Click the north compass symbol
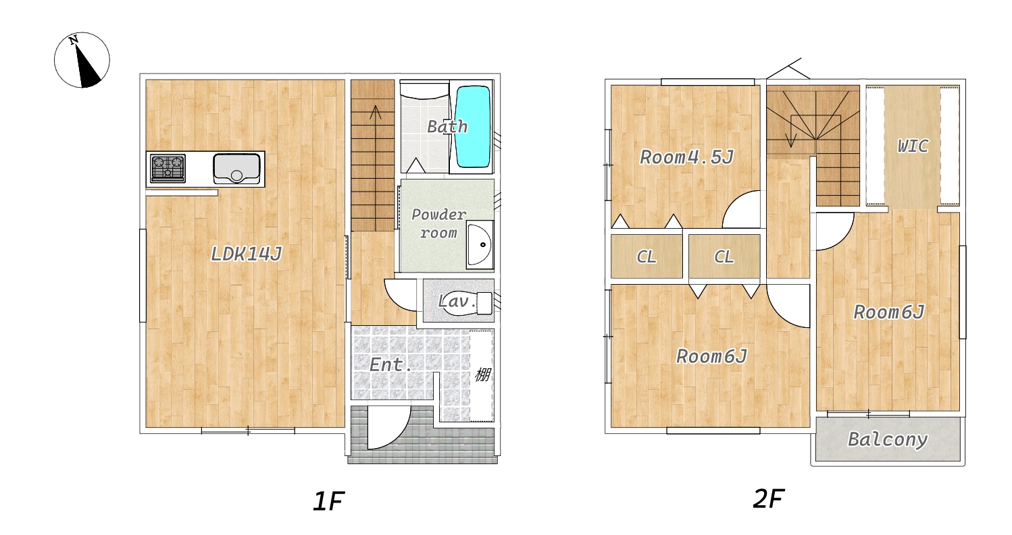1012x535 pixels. pos(82,60)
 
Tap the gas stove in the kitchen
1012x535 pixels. pos(168,168)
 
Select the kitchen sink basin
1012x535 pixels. pos(236,169)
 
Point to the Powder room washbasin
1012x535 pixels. pos(480,245)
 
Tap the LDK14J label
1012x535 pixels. pos(247,254)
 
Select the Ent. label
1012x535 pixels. pos(390,364)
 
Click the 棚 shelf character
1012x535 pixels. pos(482,374)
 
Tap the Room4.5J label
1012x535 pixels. pos(686,157)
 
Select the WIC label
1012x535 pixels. pos(913,146)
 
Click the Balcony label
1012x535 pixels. pos(888,439)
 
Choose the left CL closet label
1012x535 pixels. pos(646,256)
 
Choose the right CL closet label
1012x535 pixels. pos(724,256)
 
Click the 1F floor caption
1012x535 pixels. pos(328,501)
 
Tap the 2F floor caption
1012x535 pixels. pos(768,499)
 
